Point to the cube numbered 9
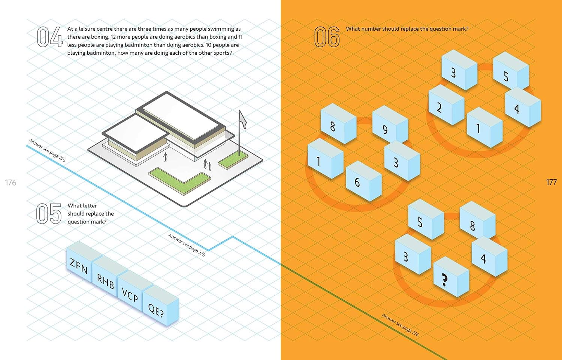pyautogui.click(x=390, y=124)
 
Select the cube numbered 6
pyautogui.click(x=364, y=181)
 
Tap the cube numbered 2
pyautogui.click(x=446, y=105)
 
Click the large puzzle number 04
pyautogui.click(x=50, y=37)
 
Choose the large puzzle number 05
pyautogui.click(x=49, y=214)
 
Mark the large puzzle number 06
pyautogui.click(x=327, y=37)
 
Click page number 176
pyautogui.click(x=10, y=183)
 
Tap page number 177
pyautogui.click(x=551, y=182)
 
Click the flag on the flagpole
pyautogui.click(x=242, y=120)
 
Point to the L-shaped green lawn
pyautogui.click(x=179, y=180)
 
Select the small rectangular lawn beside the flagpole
pyautogui.click(x=233, y=160)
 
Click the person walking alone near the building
pyautogui.click(x=165, y=157)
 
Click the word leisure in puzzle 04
pyautogui.click(x=88, y=29)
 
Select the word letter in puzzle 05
pyautogui.click(x=90, y=205)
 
